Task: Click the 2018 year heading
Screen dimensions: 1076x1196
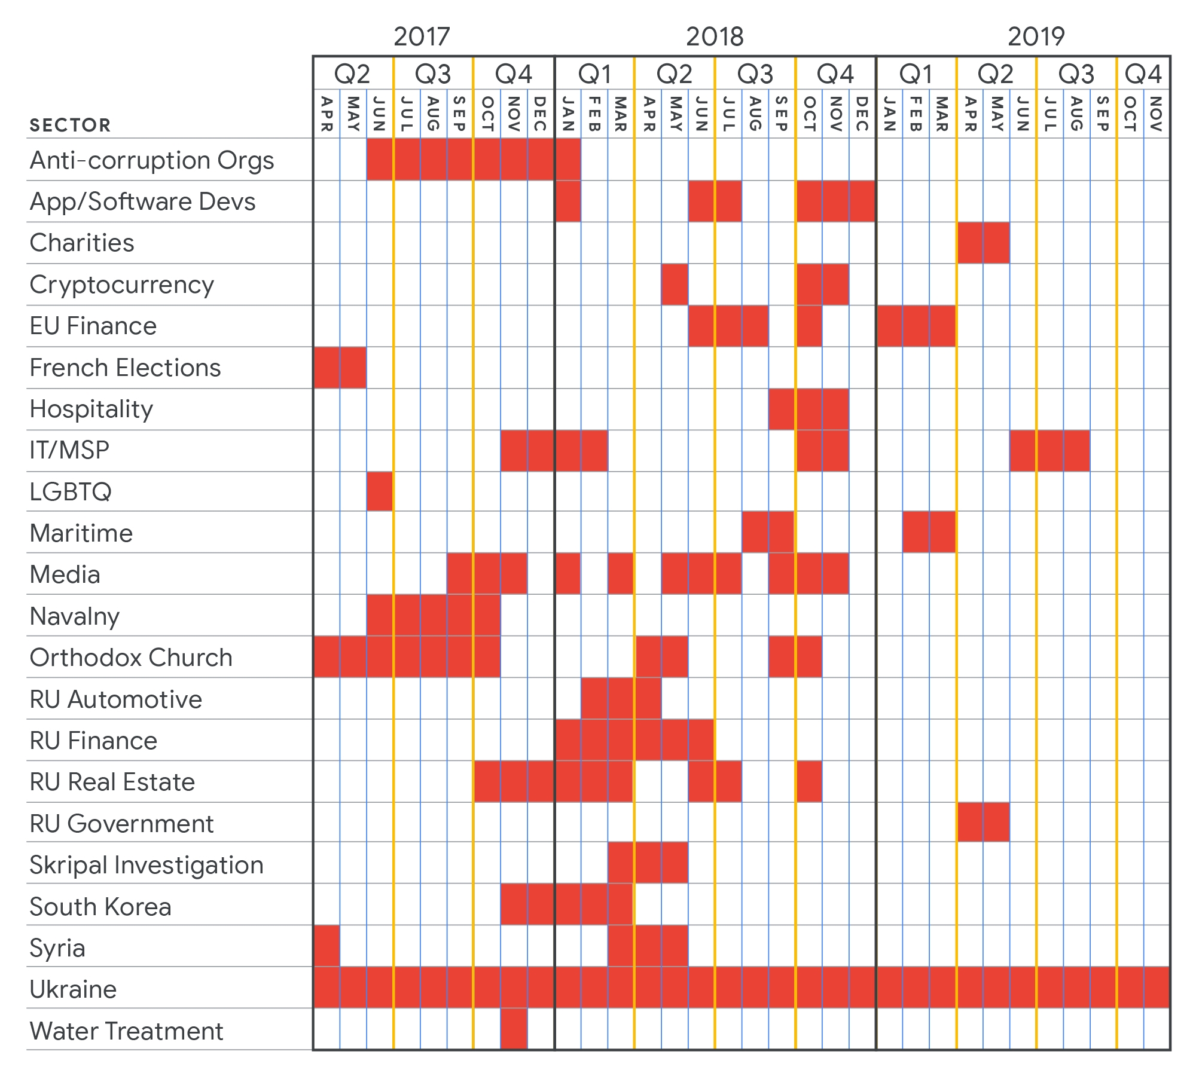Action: coord(715,36)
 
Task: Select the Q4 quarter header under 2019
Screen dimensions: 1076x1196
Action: coord(1143,74)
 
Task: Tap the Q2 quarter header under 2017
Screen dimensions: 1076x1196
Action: coord(352,74)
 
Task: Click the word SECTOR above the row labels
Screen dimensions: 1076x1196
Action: coord(70,125)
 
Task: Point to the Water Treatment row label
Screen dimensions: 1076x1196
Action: coord(126,1031)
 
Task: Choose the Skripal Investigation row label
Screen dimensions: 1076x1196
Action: coord(147,865)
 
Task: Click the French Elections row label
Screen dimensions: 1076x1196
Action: coord(125,368)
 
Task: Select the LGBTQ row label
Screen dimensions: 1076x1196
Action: coord(71,492)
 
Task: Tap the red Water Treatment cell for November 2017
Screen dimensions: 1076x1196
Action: coord(514,1029)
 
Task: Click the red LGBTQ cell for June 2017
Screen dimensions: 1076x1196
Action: coord(380,491)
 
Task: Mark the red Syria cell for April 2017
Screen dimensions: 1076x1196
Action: coord(327,946)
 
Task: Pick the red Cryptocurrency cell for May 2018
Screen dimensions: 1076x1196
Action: coord(675,285)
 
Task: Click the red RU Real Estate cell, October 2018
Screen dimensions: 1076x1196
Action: coord(808,781)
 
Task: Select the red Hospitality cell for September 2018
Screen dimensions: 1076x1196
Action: coord(782,409)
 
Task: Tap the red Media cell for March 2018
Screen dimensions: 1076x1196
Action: coord(621,574)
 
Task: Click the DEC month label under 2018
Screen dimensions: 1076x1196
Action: coord(862,114)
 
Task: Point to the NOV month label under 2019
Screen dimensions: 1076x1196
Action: coord(1157,114)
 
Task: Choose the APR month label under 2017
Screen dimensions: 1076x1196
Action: coord(327,114)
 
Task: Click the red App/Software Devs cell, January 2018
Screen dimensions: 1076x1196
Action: coord(568,201)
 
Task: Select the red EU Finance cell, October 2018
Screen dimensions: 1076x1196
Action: coord(808,326)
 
